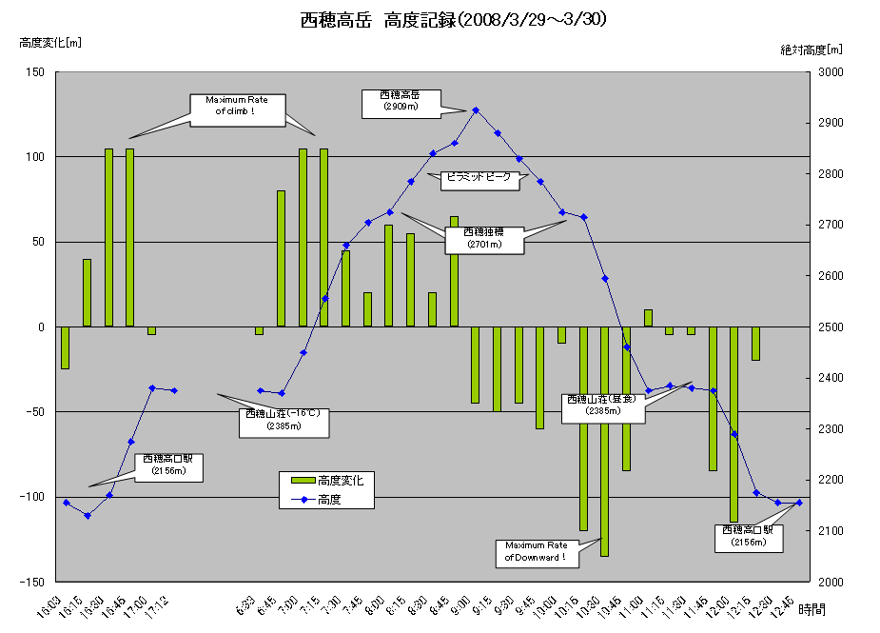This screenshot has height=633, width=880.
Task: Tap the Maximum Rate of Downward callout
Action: tap(536, 551)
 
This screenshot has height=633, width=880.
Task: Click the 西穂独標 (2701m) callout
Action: tap(485, 238)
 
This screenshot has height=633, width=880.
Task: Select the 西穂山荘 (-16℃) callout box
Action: tap(284, 421)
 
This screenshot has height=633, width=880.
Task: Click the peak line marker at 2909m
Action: tap(476, 110)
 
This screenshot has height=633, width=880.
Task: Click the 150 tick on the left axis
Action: tap(36, 71)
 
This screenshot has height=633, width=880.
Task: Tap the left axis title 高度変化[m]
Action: tap(50, 43)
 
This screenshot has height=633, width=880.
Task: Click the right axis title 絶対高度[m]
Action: tap(811, 49)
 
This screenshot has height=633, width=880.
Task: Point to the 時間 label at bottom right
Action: tap(812, 608)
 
